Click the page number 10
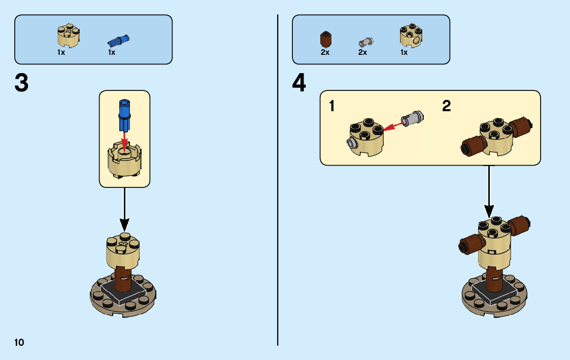click(19, 342)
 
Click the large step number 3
click(22, 83)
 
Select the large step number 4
click(299, 83)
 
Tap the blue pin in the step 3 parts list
click(118, 40)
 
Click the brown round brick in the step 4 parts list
click(325, 40)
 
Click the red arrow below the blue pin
click(124, 140)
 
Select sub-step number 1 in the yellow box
click(332, 107)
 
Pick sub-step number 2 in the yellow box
click(446, 106)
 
